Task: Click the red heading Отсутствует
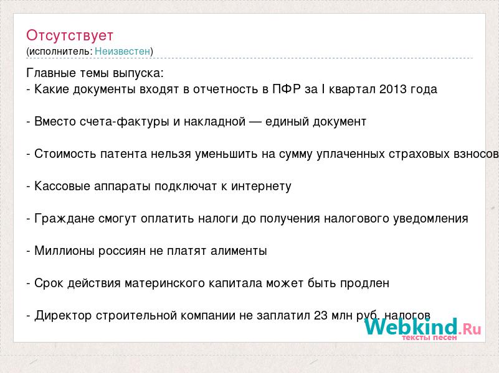(70, 35)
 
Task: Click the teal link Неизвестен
(122, 51)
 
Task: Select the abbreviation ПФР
(287, 89)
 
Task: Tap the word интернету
(261, 186)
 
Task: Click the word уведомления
(430, 219)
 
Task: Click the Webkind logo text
(422, 326)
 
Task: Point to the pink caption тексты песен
(429, 338)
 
